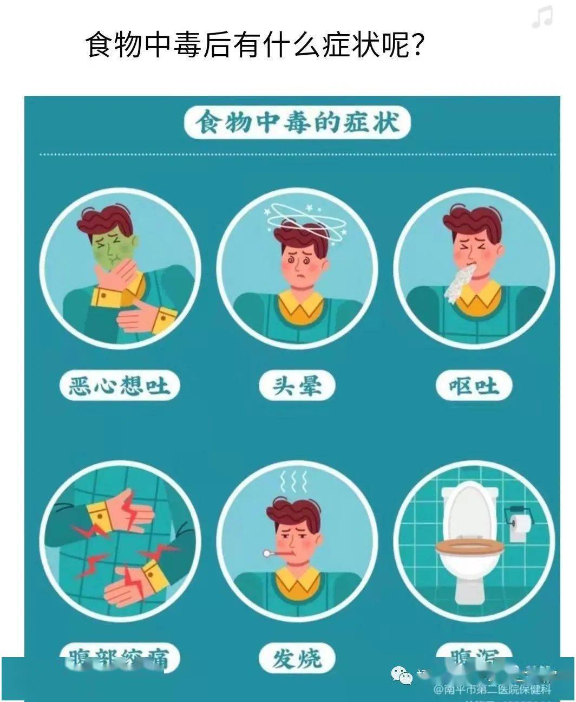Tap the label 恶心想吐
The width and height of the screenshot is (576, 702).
pos(119,386)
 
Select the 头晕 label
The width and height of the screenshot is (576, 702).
pos(297,386)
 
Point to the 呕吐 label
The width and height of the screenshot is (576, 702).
pos(474,386)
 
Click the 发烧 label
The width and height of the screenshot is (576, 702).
pos(297,658)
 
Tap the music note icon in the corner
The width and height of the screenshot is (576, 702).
pos(542,18)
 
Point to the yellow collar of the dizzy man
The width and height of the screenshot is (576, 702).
pos(297,305)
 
